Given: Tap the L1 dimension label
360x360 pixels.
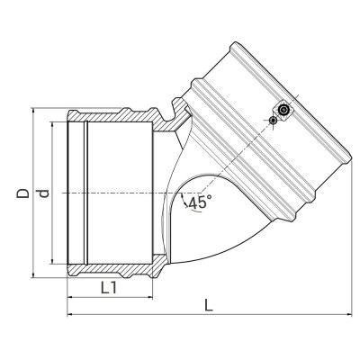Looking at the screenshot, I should click(110, 288).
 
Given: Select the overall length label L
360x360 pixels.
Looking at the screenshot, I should click(208, 304).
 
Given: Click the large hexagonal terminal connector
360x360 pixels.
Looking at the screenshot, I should click(283, 110).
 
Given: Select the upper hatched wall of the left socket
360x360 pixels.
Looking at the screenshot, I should click(117, 117).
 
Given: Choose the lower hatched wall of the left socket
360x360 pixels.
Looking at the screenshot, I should click(117, 268).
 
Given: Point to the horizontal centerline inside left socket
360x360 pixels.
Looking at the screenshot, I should click(117, 193).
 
